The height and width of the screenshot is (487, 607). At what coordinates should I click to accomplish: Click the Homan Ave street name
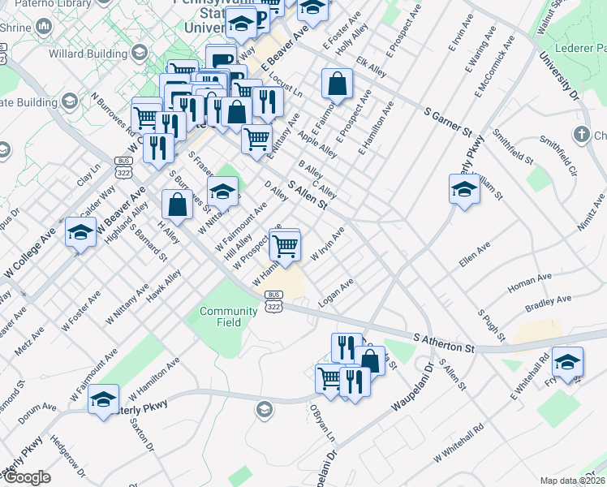pyautogui.click(x=528, y=285)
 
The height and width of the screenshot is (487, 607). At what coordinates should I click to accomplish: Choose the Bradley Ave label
pyautogui.click(x=549, y=304)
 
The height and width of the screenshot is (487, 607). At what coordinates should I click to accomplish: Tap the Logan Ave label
pyautogui.click(x=337, y=292)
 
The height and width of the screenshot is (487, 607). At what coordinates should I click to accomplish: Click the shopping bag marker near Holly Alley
pyautogui.click(x=337, y=83)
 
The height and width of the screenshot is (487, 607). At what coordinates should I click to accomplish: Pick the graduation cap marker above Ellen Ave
pyautogui.click(x=463, y=190)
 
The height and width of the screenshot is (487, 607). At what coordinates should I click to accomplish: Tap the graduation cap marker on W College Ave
pyautogui.click(x=80, y=233)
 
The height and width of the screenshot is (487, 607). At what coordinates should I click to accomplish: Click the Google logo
pyautogui.click(x=27, y=477)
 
